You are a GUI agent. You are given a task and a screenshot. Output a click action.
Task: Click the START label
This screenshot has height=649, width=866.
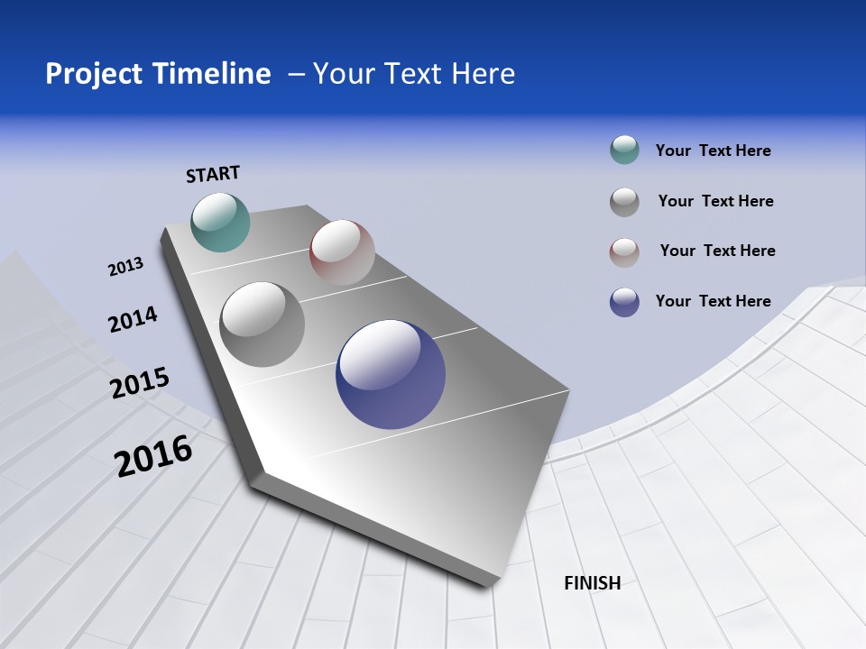click(x=213, y=174)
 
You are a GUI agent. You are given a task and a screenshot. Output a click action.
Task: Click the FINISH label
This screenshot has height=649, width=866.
click(x=592, y=583)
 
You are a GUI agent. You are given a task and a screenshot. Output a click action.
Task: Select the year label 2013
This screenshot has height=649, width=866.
click(x=125, y=267)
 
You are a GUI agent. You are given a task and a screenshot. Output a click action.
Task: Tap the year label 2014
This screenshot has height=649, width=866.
click(x=133, y=320)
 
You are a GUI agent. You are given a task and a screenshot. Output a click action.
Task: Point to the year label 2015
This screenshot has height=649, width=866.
click(x=140, y=383)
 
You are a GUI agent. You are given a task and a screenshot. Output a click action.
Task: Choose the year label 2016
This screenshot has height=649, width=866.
click(x=153, y=456)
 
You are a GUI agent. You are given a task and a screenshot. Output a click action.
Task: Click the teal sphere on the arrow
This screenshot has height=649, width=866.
click(x=220, y=222)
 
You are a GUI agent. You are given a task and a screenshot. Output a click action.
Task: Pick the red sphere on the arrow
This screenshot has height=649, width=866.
click(x=342, y=252)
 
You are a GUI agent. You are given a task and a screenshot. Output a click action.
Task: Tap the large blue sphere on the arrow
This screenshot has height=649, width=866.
click(x=391, y=374)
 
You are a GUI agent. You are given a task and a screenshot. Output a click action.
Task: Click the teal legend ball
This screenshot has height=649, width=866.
click(x=624, y=151)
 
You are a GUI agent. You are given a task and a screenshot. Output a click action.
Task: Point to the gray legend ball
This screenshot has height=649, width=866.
click(x=624, y=202)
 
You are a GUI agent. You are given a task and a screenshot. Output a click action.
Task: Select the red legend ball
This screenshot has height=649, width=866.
click(x=624, y=252)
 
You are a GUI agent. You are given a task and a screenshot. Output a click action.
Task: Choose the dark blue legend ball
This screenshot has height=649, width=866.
click(x=624, y=302)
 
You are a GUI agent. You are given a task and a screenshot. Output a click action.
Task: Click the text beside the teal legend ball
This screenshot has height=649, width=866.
click(x=713, y=151)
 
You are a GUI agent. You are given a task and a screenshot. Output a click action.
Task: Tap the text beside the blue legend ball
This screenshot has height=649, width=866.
click(x=713, y=301)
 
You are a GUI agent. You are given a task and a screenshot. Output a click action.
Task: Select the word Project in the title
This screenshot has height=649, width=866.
click(x=91, y=74)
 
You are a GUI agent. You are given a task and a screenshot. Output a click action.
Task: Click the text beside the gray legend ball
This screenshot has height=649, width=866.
click(x=715, y=201)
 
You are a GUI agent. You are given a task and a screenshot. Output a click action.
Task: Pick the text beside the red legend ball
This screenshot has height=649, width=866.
click(x=717, y=251)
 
